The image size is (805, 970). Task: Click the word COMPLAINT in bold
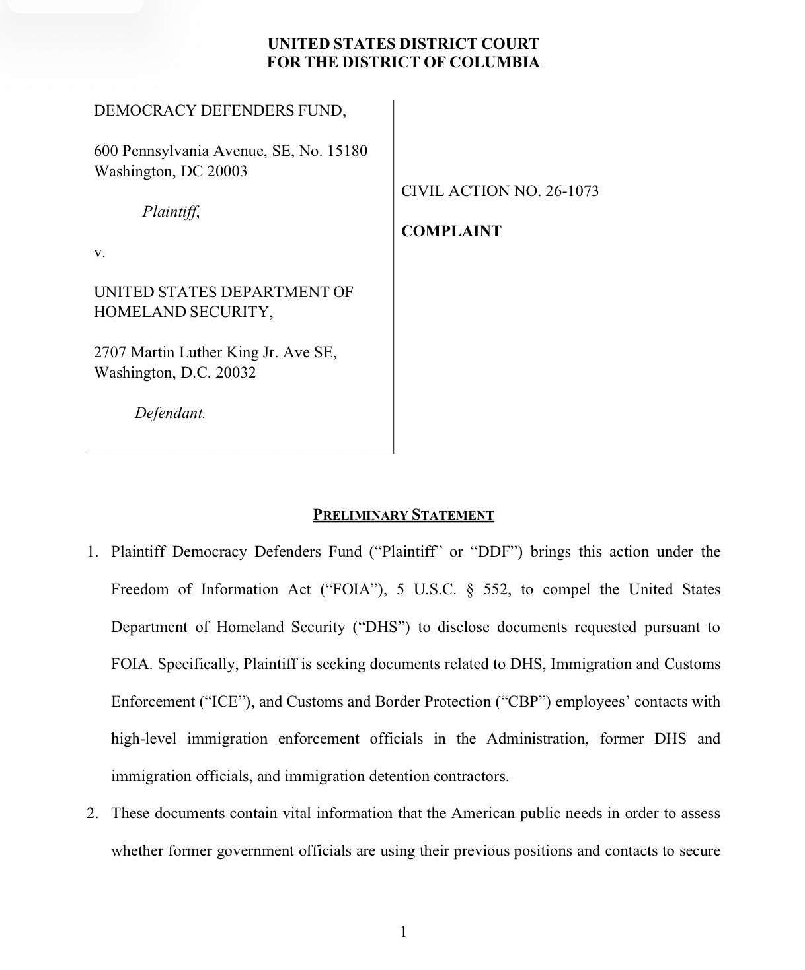click(x=451, y=231)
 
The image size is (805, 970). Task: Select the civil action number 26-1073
click(x=572, y=191)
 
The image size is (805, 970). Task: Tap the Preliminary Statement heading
click(x=403, y=515)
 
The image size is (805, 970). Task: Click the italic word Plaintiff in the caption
click(x=171, y=211)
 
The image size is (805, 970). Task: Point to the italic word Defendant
click(x=170, y=413)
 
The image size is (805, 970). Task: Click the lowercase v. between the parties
click(x=100, y=252)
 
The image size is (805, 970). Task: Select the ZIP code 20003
click(x=227, y=171)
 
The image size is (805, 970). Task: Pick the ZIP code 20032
click(x=235, y=372)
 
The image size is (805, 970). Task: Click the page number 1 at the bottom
click(x=404, y=932)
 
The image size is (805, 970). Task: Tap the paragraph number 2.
click(x=93, y=813)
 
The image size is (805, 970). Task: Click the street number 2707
click(x=110, y=352)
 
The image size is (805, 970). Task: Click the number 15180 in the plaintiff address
click(x=346, y=151)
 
